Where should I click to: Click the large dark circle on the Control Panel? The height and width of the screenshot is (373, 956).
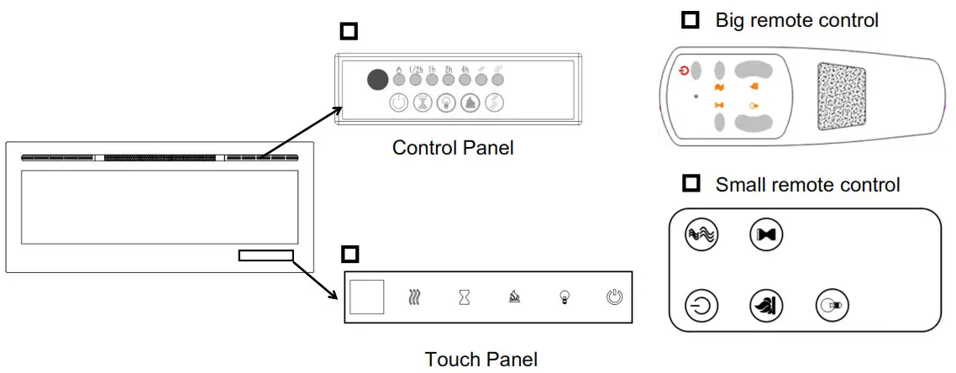pyautogui.click(x=378, y=80)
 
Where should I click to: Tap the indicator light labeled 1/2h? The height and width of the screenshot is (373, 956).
pyautogui.click(x=415, y=81)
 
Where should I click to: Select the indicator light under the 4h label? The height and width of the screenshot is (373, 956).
pyautogui.click(x=465, y=81)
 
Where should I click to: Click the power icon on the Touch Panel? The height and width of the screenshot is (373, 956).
pyautogui.click(x=615, y=297)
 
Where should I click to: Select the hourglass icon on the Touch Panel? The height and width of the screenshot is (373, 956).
pyautogui.click(x=464, y=297)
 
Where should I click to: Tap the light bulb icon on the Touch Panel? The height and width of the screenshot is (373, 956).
pyautogui.click(x=565, y=297)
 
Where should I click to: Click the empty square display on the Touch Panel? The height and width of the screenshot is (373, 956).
pyautogui.click(x=367, y=297)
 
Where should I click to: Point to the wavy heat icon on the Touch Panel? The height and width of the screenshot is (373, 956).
pyautogui.click(x=413, y=297)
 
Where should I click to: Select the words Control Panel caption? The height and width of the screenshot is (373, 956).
pyautogui.click(x=453, y=148)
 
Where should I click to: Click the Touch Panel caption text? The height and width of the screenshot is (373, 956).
pyautogui.click(x=481, y=360)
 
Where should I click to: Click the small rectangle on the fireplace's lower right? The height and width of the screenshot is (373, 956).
pyautogui.click(x=265, y=255)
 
